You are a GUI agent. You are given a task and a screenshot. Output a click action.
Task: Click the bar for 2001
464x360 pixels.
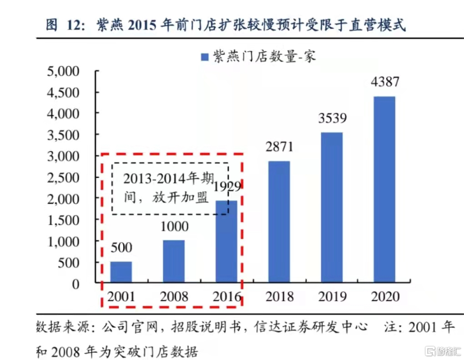121,271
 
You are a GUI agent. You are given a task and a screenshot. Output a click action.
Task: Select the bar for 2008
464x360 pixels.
174,261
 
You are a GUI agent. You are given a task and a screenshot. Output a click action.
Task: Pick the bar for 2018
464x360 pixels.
279,221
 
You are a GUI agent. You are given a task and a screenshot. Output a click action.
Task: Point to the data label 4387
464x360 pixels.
385,82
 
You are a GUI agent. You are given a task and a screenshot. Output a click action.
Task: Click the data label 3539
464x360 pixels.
332,119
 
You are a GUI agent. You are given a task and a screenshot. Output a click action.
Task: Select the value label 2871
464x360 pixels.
280,147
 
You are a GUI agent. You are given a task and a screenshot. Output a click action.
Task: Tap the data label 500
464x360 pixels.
121,248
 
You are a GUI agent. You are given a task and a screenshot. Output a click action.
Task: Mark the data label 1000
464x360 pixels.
174,226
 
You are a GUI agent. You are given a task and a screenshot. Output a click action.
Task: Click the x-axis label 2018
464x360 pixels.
280,297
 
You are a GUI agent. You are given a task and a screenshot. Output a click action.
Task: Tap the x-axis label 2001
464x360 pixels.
121,297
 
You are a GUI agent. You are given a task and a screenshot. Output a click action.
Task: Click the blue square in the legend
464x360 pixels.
205,57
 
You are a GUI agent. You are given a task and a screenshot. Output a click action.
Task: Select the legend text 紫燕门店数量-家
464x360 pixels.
264,57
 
